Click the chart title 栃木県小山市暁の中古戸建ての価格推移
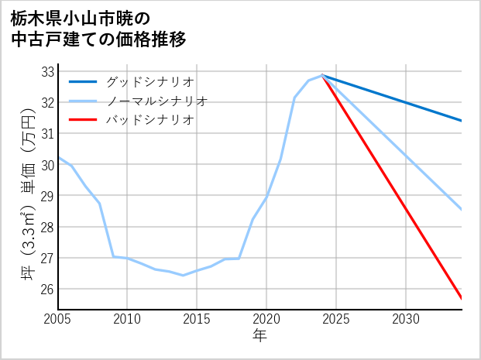point(98,27)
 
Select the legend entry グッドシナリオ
point(149,81)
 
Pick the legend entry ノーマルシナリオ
point(156,101)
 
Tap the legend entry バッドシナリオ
point(149,120)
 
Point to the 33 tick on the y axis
point(47,71)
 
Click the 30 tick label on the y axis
point(47,165)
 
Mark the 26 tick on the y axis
point(47,290)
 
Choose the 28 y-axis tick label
point(47,227)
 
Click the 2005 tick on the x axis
point(58,318)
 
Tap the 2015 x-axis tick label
point(197,318)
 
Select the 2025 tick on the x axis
point(336,318)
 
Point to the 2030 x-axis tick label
point(406,318)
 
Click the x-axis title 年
point(259,336)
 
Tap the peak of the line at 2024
point(322,75)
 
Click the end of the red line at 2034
point(462,298)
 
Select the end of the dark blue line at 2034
point(462,121)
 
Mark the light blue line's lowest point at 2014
point(183,275)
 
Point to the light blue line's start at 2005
point(58,157)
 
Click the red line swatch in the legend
point(83,120)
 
